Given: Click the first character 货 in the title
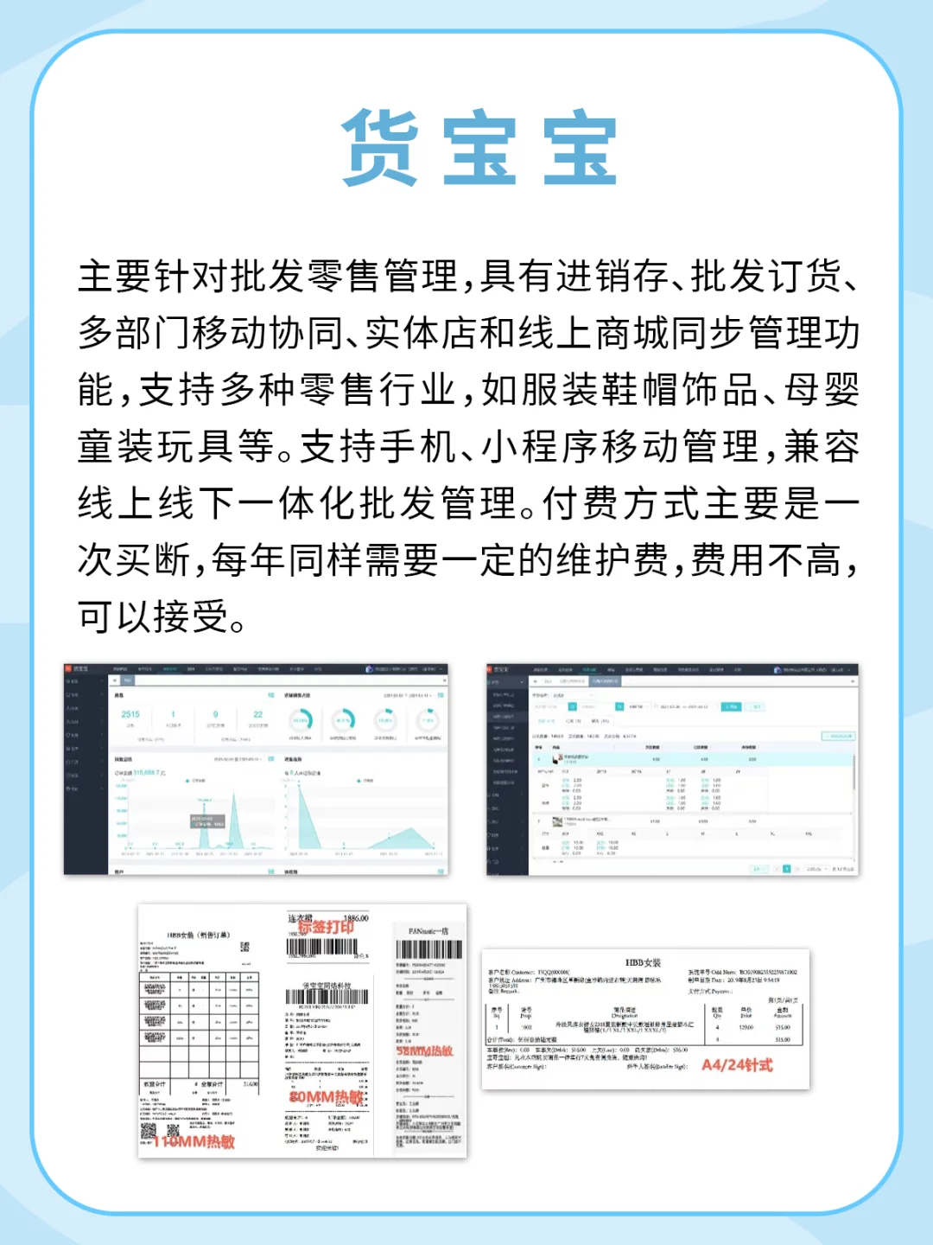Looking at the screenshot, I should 380,148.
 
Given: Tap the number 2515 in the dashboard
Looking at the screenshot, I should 130,714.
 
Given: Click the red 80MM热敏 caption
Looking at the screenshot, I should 326,1096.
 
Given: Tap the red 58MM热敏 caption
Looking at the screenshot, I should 424,1050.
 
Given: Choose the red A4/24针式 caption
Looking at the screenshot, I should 737,1065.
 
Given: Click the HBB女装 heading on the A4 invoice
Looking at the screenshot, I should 643,962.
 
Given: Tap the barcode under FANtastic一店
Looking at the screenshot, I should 429,949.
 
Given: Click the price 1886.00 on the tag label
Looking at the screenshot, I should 356,918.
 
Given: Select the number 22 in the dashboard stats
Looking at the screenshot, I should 257,714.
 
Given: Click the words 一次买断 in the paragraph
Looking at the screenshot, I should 134,559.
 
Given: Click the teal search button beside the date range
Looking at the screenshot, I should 731,706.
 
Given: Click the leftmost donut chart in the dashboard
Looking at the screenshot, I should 301,719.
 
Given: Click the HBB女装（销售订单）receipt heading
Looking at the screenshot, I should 199,935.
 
